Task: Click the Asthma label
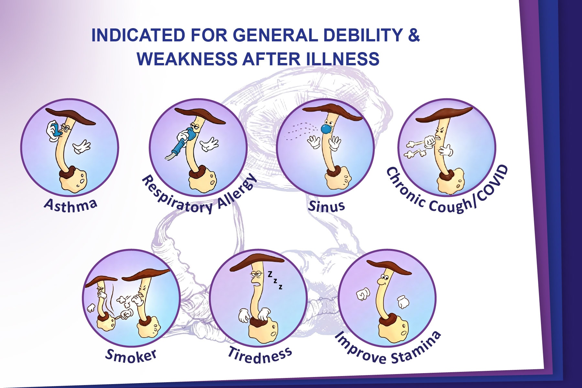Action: pos(70,205)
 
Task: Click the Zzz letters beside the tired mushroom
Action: pos(275,280)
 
